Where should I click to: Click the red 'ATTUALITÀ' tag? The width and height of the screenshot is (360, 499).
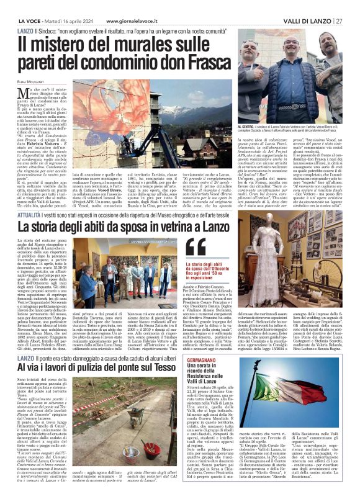tap(30, 196)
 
